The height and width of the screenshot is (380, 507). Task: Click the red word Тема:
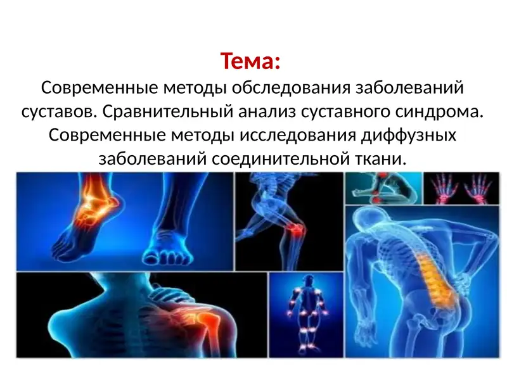[x=250, y=62]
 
